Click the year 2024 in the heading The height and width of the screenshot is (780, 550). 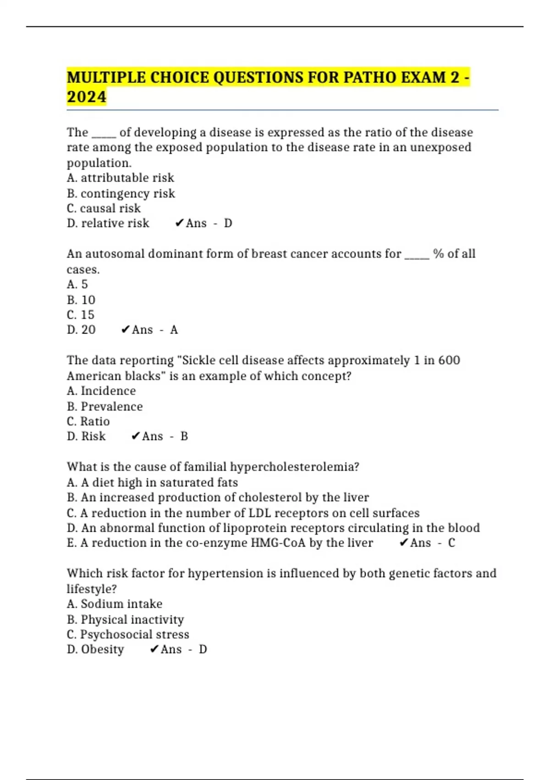86,97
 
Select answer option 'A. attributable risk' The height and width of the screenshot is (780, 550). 120,178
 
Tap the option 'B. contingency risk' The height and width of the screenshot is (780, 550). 121,193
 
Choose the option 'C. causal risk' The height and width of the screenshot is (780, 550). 104,208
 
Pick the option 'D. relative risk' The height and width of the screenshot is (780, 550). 108,223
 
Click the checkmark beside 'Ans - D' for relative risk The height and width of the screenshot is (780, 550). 179,223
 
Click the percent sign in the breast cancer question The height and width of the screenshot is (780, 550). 438,254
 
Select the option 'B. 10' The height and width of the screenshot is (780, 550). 81,300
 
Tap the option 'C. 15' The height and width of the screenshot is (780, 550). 81,315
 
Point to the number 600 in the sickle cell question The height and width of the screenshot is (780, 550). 449,360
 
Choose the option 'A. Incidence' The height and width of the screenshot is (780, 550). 101,391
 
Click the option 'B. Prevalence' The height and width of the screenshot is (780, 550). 104,407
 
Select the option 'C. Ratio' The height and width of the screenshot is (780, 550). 88,421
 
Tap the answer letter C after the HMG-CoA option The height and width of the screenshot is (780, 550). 451,543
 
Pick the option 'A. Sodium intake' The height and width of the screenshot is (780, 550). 114,604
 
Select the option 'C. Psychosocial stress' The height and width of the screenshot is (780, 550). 128,634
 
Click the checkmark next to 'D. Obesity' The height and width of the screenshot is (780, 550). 154,649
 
